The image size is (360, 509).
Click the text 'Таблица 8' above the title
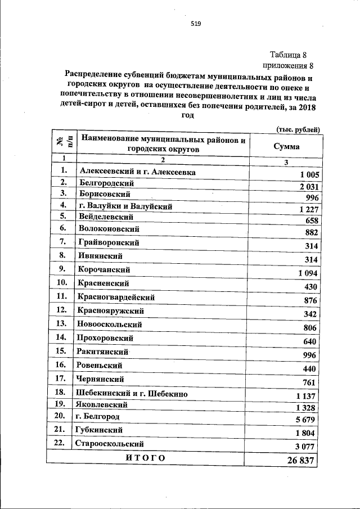(288, 55)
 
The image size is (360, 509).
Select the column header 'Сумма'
(286, 146)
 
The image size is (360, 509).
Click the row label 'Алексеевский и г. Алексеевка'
(138, 172)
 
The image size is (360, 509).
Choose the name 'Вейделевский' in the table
(106, 217)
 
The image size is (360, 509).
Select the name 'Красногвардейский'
(118, 297)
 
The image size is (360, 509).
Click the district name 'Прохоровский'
(106, 338)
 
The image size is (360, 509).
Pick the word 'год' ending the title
(188, 115)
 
